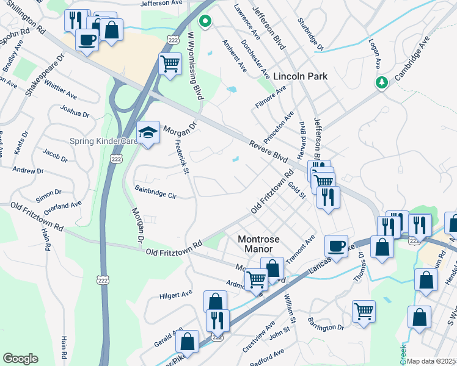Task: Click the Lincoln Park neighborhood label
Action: click(300, 76)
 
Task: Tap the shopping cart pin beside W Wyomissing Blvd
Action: click(170, 63)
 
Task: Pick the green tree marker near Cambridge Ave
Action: click(382, 82)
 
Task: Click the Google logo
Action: click(20, 358)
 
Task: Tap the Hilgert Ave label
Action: click(176, 295)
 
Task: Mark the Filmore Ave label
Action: click(271, 98)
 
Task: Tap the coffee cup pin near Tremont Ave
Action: click(335, 246)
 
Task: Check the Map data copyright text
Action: click(431, 361)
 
